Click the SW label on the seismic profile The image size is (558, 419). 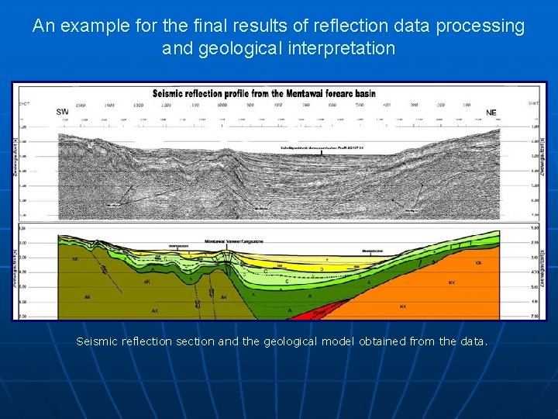63,112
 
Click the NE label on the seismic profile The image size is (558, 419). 491,112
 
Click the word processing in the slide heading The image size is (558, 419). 480,26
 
